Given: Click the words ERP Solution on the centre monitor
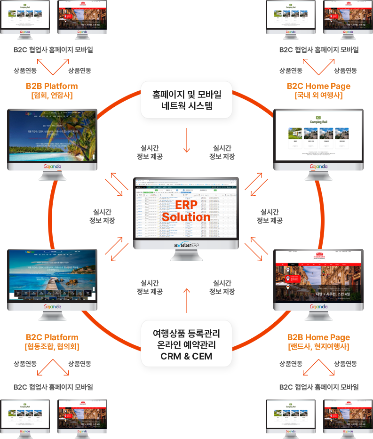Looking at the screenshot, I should [186, 211].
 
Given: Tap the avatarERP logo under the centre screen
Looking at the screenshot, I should [186, 245].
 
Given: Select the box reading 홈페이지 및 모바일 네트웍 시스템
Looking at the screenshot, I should [186, 100].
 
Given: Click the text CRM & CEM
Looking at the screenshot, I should [186, 356].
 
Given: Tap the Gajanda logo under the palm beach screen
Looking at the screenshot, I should [52, 168].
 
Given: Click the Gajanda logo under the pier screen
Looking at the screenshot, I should [52, 306].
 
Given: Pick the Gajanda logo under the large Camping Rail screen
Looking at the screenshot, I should [318, 167].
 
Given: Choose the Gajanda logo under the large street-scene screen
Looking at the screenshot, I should [318, 306].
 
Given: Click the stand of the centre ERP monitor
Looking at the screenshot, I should [186, 255].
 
